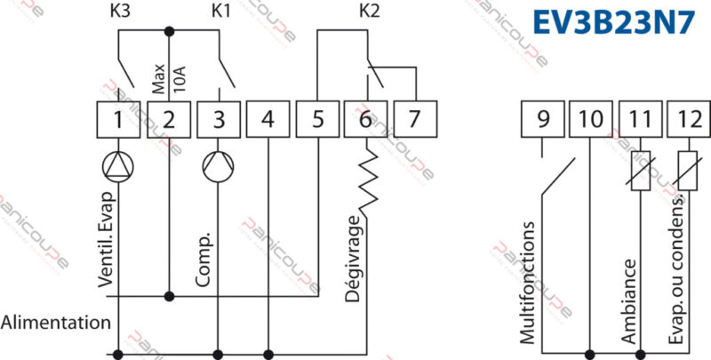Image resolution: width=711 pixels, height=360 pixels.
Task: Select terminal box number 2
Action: click(169, 118)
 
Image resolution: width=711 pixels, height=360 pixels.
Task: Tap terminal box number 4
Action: click(268, 118)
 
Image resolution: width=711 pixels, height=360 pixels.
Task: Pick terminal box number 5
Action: click(318, 118)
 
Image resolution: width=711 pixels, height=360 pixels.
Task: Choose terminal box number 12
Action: click(689, 118)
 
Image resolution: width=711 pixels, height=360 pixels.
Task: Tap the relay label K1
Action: click(220, 12)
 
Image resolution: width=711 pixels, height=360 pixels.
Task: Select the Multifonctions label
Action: click(529, 283)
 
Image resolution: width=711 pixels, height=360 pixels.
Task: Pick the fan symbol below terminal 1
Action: click(118, 166)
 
